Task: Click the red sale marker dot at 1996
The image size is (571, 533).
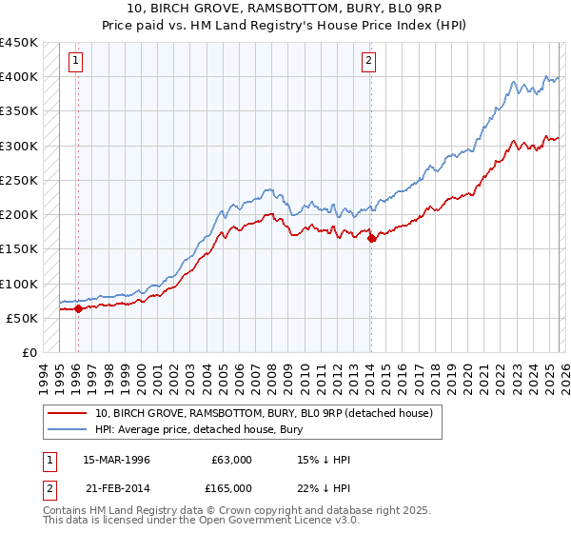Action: (x=78, y=308)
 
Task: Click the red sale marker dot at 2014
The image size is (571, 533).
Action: (x=371, y=239)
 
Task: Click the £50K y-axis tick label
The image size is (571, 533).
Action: (x=23, y=319)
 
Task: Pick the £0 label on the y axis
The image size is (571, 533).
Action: (x=30, y=353)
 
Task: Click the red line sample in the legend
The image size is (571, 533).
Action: (x=67, y=413)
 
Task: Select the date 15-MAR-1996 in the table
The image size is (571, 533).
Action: (x=116, y=460)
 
